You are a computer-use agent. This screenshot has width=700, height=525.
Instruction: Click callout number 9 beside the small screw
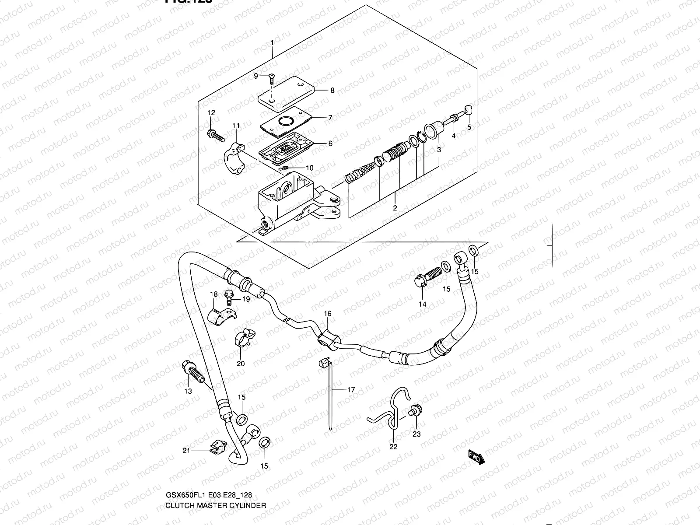coord(256,76)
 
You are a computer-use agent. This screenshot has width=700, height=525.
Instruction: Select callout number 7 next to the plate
coord(330,118)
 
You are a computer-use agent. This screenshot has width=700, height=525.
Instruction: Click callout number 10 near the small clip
coord(309,168)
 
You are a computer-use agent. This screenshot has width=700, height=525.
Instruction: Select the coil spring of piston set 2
coord(361,171)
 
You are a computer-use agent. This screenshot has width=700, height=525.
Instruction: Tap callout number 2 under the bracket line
coord(395,208)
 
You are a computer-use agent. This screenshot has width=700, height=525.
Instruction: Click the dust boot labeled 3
coord(433,130)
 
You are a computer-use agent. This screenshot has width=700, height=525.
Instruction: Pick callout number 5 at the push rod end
coord(469,127)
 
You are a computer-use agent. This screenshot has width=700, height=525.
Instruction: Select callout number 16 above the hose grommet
coord(328,314)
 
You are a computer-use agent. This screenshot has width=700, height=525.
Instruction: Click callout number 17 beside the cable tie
coord(351,390)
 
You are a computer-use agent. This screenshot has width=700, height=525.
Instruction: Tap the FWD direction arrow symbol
coord(475,457)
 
